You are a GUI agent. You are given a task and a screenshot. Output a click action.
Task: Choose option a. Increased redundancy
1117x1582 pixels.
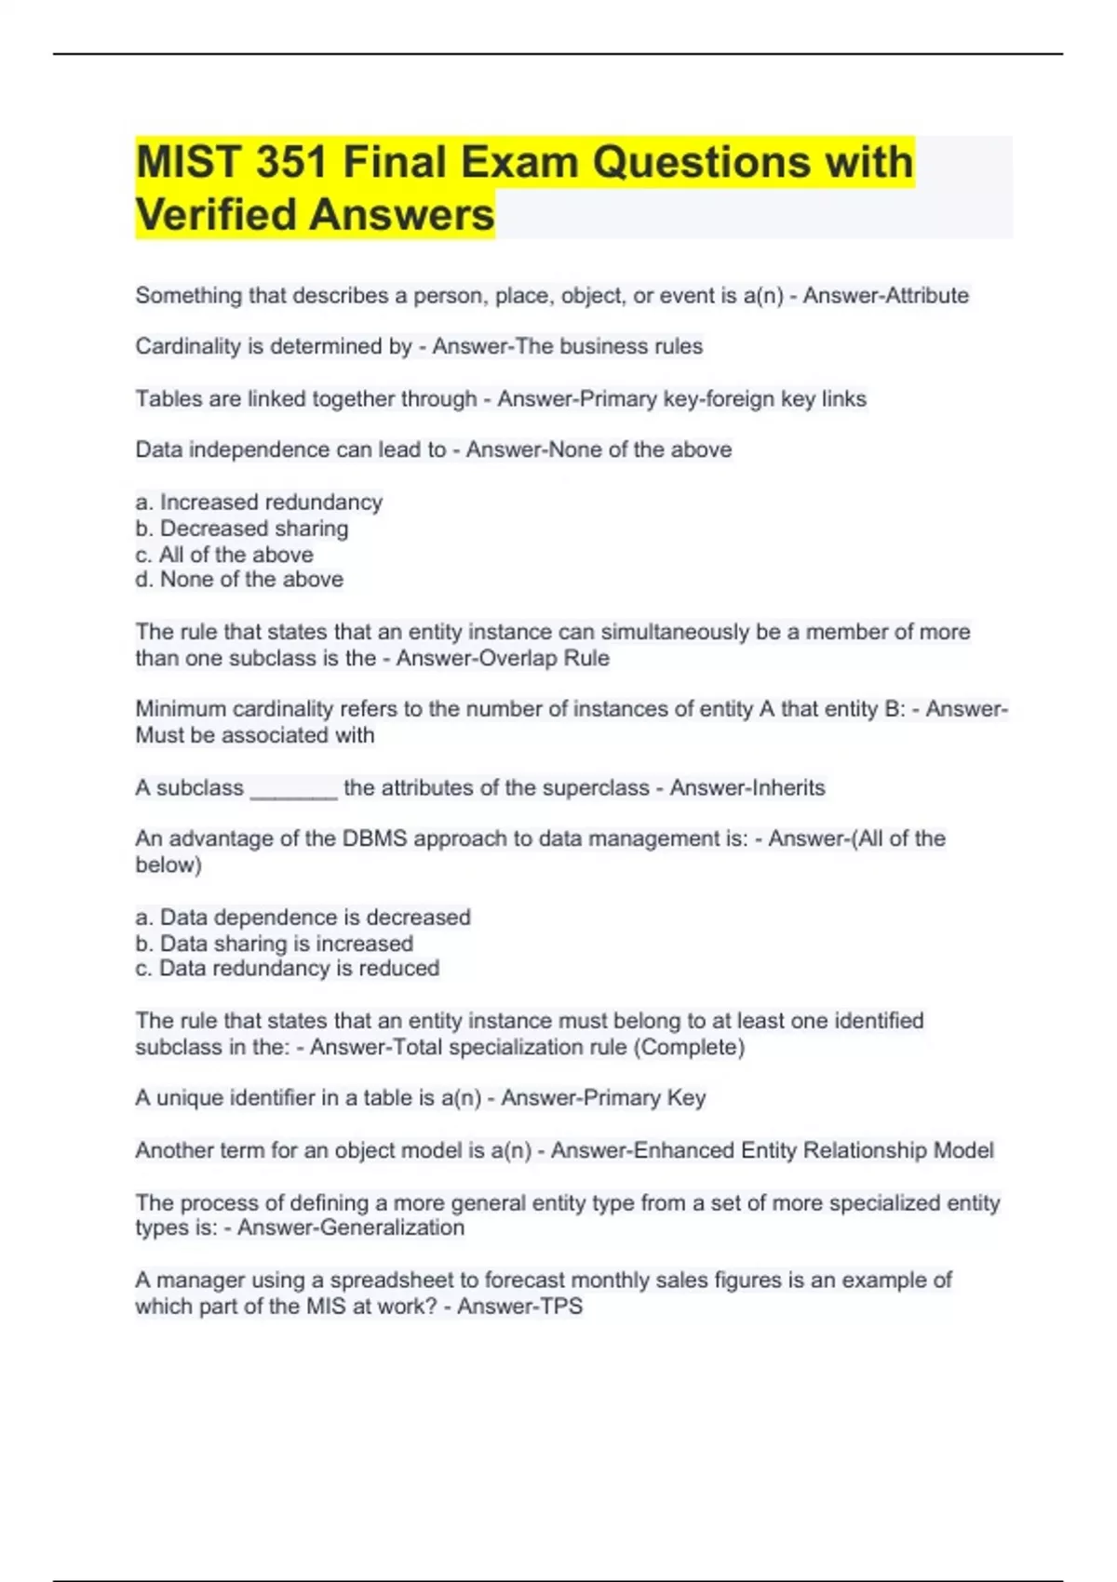[259, 503]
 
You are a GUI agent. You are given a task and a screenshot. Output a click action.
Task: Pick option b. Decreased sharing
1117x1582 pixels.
[242, 529]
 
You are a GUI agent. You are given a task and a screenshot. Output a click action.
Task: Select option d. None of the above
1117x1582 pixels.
[239, 580]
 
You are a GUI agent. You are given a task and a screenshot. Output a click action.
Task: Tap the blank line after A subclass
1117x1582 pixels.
[294, 789]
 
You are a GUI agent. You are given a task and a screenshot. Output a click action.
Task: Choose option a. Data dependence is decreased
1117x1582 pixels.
[303, 918]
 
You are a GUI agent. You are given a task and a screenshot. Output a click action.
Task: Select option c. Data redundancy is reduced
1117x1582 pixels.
[287, 969]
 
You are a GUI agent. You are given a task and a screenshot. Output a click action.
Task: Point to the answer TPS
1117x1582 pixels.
[561, 1307]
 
